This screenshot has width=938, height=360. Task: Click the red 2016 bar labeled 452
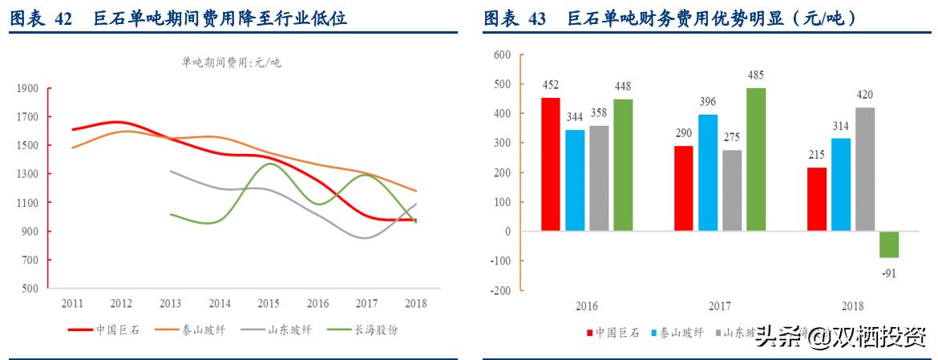click(551, 164)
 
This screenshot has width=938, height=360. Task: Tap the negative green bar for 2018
click(889, 245)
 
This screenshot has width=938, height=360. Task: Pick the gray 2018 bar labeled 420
click(864, 169)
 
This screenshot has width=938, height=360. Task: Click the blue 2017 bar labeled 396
click(708, 172)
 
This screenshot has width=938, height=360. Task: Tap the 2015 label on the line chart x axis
click(269, 304)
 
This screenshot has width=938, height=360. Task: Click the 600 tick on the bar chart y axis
click(502, 55)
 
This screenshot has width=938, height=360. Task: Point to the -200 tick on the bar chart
click(499, 291)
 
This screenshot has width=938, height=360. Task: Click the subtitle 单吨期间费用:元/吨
click(232, 63)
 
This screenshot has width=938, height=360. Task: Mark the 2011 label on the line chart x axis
click(71, 304)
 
